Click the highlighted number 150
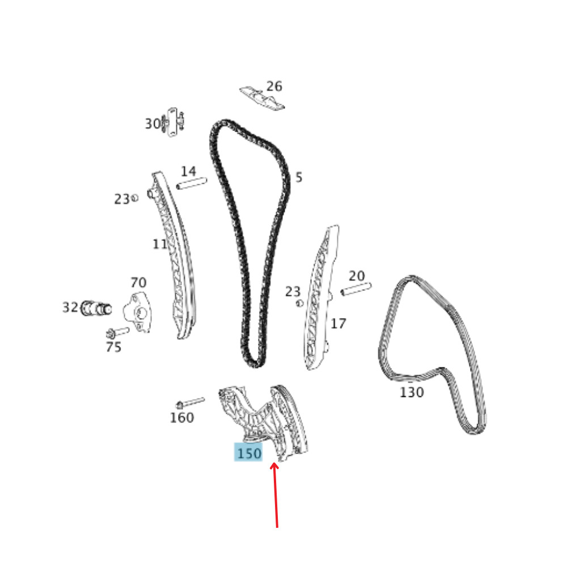(249, 453)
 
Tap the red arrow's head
(275, 467)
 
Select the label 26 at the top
(274, 86)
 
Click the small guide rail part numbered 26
(261, 98)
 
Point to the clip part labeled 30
(174, 121)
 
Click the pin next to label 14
(192, 184)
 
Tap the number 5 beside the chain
(299, 177)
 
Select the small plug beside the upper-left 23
(135, 198)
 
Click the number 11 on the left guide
(160, 244)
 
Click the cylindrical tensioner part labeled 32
(95, 308)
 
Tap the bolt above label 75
(118, 332)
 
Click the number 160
(181, 418)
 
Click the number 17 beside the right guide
(338, 324)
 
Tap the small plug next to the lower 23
(300, 303)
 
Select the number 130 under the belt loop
(412, 392)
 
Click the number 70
(138, 282)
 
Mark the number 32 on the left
(70, 307)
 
